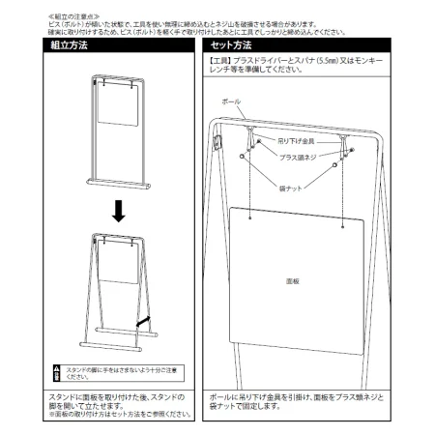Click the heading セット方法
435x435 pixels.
[x=232, y=45]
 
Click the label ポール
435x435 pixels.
[x=232, y=101]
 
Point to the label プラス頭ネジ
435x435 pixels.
[x=301, y=157]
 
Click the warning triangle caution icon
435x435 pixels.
[x=57, y=370]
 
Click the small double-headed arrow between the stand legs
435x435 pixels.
[x=142, y=318]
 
